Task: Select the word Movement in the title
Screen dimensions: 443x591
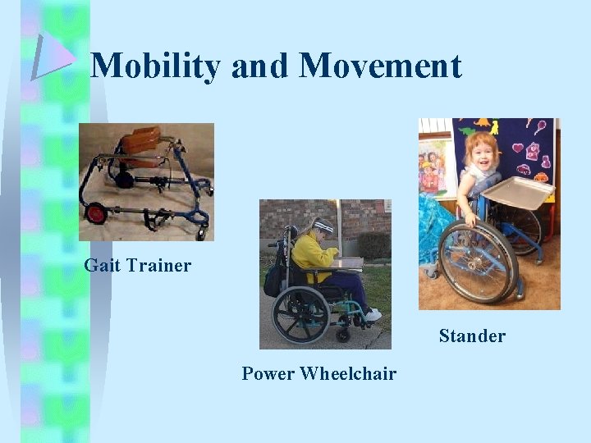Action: click(x=381, y=66)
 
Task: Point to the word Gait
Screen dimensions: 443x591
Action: click(x=103, y=266)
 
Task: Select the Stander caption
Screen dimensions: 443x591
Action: click(x=472, y=336)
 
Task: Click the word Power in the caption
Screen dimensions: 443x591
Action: click(x=268, y=374)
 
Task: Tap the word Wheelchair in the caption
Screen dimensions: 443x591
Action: click(x=348, y=374)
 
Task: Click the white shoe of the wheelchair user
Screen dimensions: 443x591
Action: click(x=373, y=315)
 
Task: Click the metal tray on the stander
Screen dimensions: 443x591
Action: click(x=520, y=193)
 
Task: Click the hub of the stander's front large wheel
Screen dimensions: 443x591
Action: click(x=477, y=261)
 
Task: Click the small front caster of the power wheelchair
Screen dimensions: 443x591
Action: click(x=343, y=335)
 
